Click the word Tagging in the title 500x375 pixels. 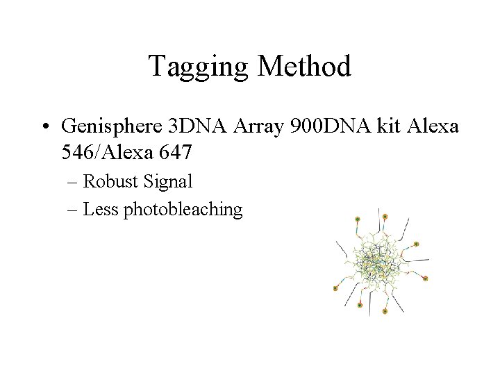click(199, 67)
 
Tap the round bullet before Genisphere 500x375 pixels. click(45, 126)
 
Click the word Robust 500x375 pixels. click(112, 182)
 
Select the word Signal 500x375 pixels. click(168, 182)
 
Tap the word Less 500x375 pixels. click(101, 209)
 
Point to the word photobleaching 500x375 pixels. click(183, 210)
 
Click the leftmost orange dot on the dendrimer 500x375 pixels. click(335, 287)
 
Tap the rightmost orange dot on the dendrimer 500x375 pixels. click(426, 278)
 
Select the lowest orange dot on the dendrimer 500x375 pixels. click(385, 312)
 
